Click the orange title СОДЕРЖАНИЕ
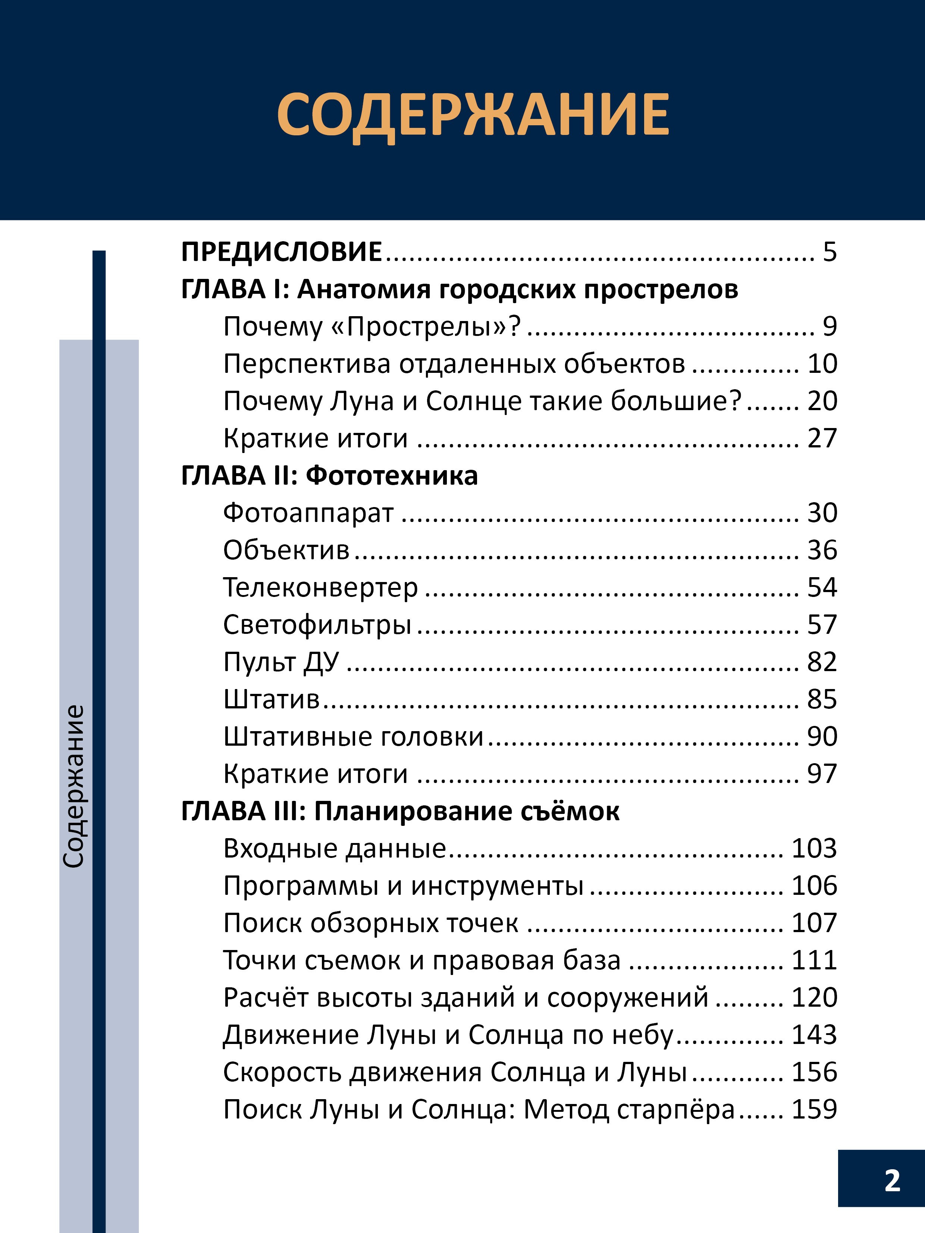coord(473,115)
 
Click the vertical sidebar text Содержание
coord(73,786)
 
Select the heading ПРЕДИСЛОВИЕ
coord(282,252)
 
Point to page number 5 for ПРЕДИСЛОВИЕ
coord(830,252)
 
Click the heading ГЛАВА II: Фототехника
coord(329,475)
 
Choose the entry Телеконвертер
coord(320,587)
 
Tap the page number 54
coord(822,587)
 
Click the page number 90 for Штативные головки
coord(822,736)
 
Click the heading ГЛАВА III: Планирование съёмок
coord(400,811)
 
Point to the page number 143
coord(814,1035)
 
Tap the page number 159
coord(814,1109)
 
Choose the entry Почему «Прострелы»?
coord(372,327)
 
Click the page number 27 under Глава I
coord(822,438)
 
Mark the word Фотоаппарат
coord(308,513)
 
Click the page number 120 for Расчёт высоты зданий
coord(814,997)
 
